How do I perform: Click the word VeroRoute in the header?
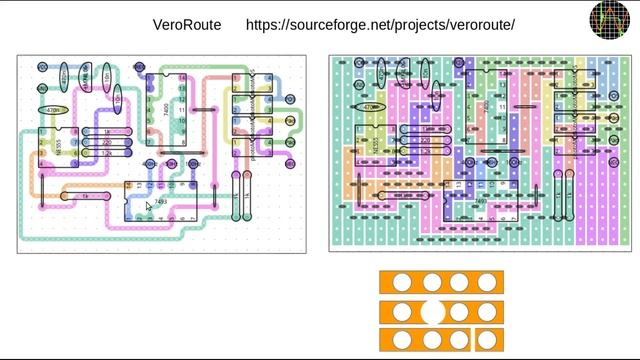pyautogui.click(x=187, y=24)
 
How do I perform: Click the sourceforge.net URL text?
pyautogui.click(x=380, y=24)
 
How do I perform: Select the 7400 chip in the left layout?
pyautogui.click(x=166, y=110)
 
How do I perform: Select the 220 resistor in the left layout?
pyautogui.click(x=106, y=143)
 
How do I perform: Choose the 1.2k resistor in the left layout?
pyautogui.click(x=106, y=153)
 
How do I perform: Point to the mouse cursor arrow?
pyautogui.click(x=149, y=207)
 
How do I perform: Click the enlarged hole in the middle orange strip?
pyautogui.click(x=432, y=311)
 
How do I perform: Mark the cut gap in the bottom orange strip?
pyautogui.click(x=472, y=340)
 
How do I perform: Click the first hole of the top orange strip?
pyautogui.click(x=400, y=283)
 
